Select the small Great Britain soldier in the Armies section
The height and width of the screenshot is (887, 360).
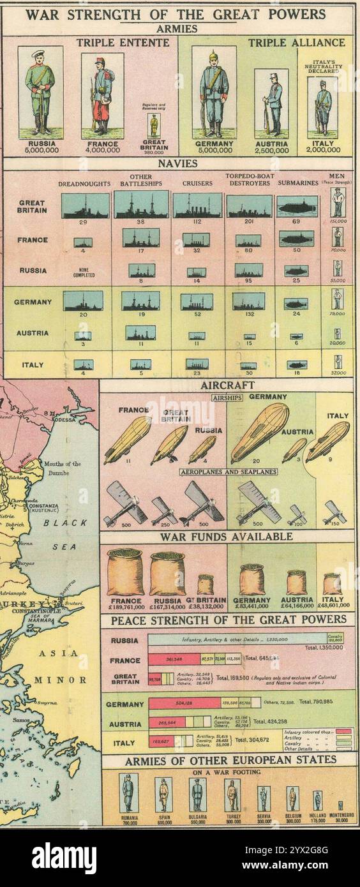point(153,125)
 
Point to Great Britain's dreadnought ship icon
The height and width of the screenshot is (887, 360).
point(86,205)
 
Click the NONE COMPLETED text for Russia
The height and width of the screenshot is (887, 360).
point(85,272)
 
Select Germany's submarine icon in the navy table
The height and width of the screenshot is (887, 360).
point(296,304)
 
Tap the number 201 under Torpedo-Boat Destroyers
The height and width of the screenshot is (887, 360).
point(249,222)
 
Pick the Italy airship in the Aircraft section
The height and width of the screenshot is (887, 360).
point(328,440)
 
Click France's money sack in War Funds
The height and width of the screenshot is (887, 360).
point(125,572)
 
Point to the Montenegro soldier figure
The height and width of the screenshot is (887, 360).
point(340,805)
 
